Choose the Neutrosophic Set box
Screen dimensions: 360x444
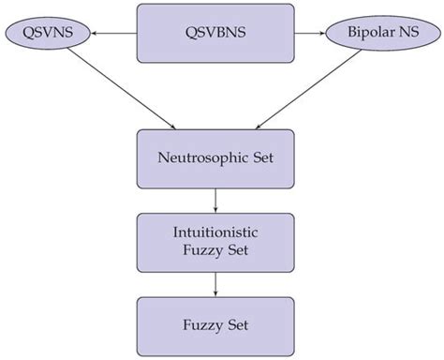[x=217, y=157]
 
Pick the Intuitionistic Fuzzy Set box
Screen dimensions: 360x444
[x=217, y=241]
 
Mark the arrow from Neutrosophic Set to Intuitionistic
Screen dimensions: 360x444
[x=217, y=199]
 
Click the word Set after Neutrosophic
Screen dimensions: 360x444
[x=258, y=157]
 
